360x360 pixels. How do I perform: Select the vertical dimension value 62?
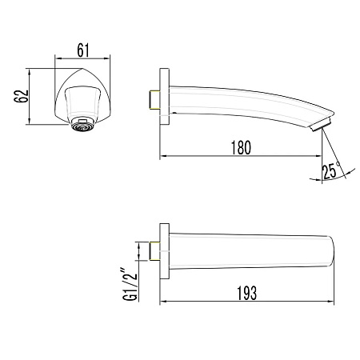(22, 95)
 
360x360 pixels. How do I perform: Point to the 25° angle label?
(331, 170)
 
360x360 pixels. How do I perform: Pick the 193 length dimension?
(246, 294)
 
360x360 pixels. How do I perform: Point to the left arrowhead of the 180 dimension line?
(165, 155)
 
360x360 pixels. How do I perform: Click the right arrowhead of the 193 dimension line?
(330, 302)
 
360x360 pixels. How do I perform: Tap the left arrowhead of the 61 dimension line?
(58, 59)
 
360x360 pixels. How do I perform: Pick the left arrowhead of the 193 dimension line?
(165, 302)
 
